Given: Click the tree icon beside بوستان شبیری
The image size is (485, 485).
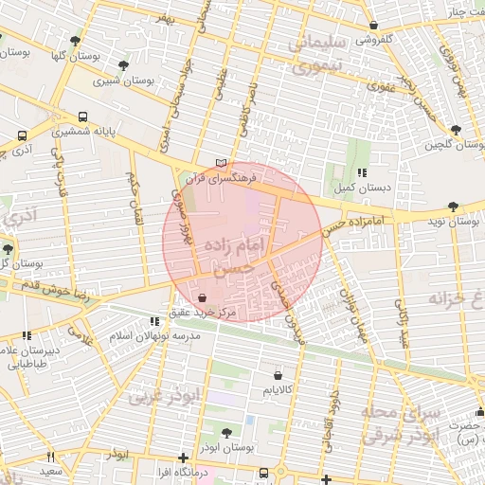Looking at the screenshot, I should pos(123,65).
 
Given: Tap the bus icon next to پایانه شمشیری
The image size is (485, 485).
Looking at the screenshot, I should pos(83,117).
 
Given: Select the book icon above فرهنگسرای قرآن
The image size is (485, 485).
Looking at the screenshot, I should pos(222,163).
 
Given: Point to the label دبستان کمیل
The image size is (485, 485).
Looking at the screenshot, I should pos(363,189).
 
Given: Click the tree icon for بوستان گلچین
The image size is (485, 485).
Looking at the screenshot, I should pos(456,129).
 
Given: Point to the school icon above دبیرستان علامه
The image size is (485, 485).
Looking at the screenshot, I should pos(27,335).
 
